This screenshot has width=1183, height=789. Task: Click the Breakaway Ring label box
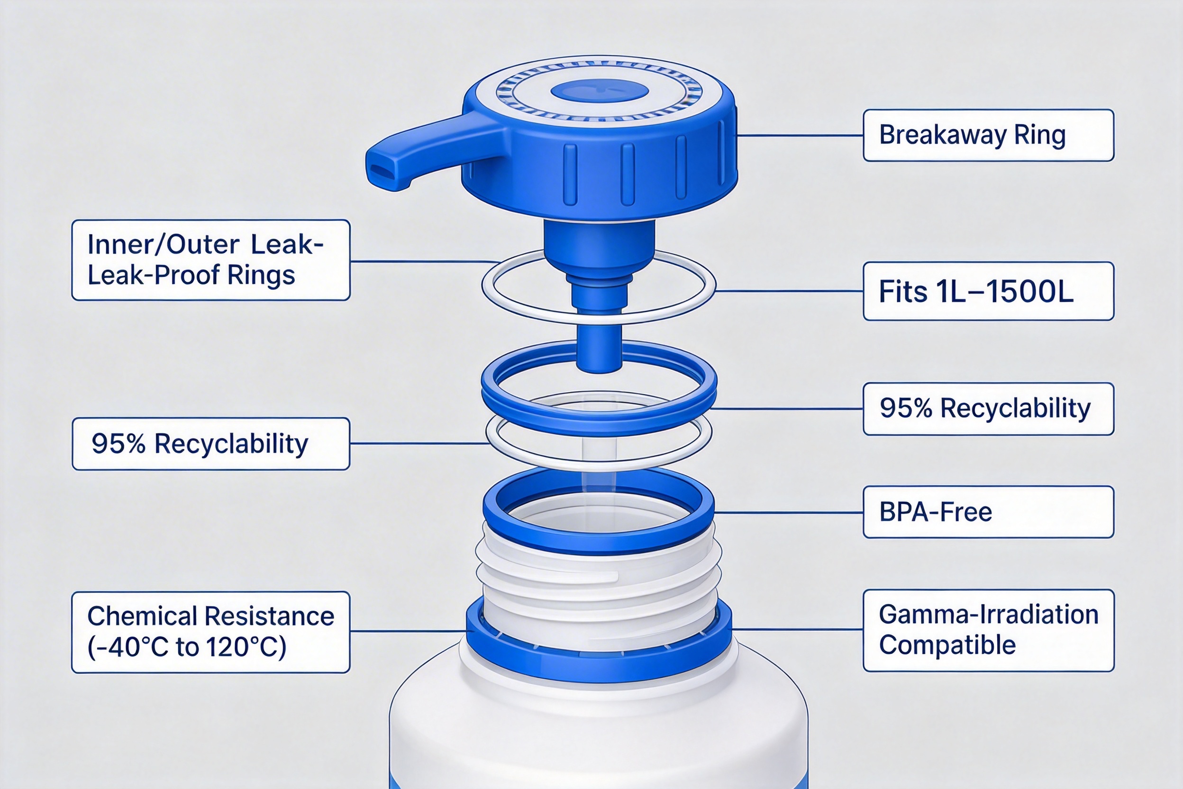click(988, 135)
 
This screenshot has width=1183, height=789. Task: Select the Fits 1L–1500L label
click(988, 291)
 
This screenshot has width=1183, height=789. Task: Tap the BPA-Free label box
click(988, 512)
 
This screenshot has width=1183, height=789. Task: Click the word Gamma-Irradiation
click(988, 615)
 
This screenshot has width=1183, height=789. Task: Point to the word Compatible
click(947, 645)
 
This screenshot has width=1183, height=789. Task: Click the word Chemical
click(142, 616)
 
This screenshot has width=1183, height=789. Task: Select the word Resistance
click(270, 616)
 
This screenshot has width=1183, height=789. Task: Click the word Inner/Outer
click(163, 245)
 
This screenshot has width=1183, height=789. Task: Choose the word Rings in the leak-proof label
click(261, 275)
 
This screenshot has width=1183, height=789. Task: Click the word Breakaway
click(943, 135)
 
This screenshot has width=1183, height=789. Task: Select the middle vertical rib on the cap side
click(628, 174)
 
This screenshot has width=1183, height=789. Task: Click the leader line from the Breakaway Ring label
click(800, 135)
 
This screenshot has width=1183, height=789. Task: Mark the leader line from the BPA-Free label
click(788, 512)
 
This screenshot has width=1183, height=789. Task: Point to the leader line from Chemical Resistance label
click(409, 631)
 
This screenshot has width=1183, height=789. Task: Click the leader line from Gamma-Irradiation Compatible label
click(798, 629)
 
